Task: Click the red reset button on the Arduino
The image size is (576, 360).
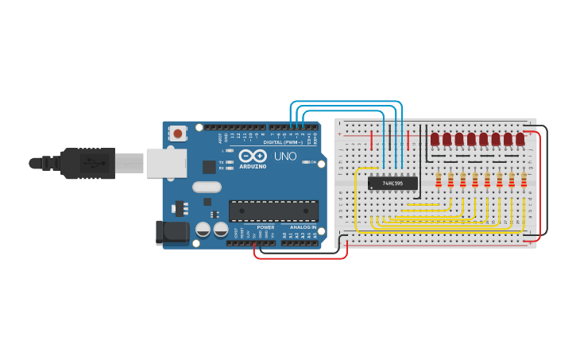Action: [x=177, y=133]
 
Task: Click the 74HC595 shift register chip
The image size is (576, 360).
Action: [x=392, y=183]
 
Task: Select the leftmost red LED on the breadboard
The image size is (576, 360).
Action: [x=435, y=140]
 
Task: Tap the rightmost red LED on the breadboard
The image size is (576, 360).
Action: [x=520, y=140]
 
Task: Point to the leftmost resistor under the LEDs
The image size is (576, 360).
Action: [x=438, y=180]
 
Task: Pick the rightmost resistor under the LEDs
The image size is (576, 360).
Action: [x=524, y=180]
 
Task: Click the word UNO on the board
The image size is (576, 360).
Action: [x=285, y=157]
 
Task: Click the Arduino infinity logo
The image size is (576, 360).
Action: [x=253, y=155]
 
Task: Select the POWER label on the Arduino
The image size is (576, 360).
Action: [x=265, y=227]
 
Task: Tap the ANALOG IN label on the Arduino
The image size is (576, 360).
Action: [x=302, y=227]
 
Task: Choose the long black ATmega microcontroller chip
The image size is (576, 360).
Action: [x=273, y=211]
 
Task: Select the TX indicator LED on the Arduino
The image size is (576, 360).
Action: [x=229, y=162]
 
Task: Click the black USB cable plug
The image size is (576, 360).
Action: [x=87, y=163]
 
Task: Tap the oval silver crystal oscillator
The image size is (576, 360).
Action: [x=206, y=187]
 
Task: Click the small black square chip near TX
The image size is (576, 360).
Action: [x=209, y=166]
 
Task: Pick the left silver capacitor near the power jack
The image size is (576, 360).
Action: [x=203, y=230]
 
